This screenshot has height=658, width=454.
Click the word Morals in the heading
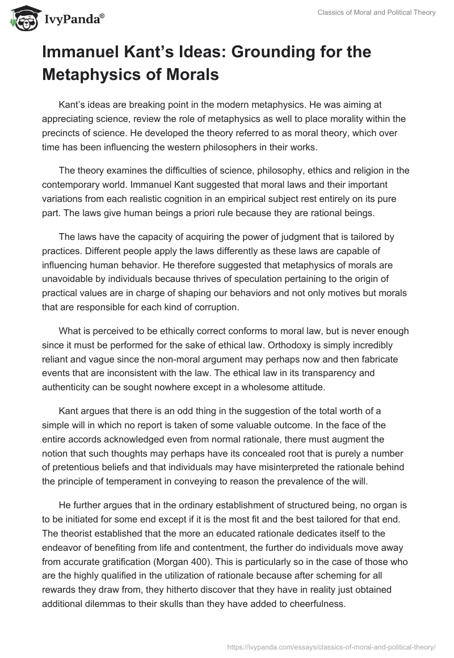(x=188, y=74)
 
